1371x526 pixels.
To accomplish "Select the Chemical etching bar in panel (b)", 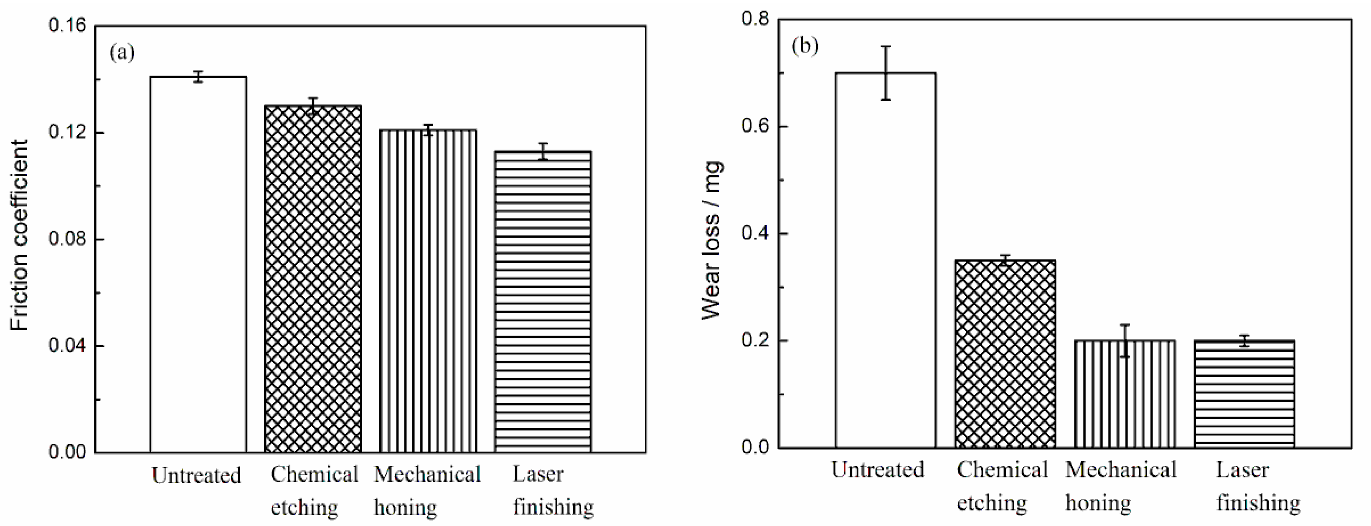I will coord(1005,353).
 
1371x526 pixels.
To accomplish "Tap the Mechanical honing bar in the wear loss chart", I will coord(1125,394).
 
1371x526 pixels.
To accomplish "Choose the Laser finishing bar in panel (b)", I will coord(1244,394).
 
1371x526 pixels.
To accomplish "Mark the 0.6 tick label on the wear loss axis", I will coord(756,127).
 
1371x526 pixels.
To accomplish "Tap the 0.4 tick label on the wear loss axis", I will coord(756,234).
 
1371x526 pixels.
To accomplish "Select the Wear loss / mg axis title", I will coord(711,239).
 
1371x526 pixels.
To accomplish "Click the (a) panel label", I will coord(122,52).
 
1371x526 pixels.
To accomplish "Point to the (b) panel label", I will coord(805,46).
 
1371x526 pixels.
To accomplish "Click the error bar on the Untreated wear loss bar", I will coord(886,73).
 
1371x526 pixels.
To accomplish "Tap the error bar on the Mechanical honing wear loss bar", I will coord(1125,341).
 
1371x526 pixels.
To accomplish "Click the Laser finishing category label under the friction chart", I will coord(552,490).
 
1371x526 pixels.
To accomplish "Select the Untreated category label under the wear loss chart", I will coord(878,470).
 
